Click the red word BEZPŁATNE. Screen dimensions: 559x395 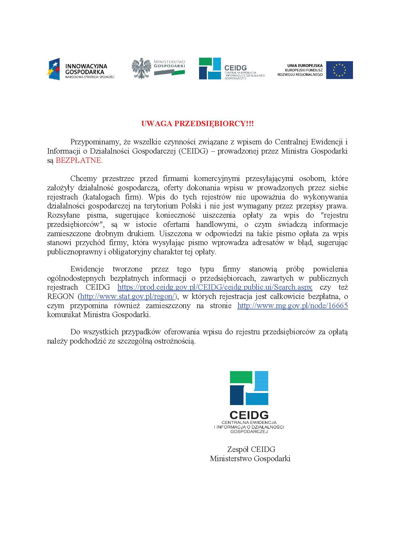[79, 161]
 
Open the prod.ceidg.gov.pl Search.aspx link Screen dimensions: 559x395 [215, 287]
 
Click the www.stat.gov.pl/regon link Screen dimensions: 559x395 [128, 296]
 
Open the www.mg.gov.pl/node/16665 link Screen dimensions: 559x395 [292, 306]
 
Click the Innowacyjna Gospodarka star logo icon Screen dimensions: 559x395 [53, 69]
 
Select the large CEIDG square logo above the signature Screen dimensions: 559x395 [249, 388]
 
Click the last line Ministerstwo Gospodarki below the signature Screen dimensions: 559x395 [250, 459]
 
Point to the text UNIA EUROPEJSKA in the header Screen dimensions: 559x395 [305, 66]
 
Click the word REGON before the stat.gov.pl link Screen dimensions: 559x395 [61, 296]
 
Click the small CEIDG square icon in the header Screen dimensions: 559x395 [210, 69]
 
